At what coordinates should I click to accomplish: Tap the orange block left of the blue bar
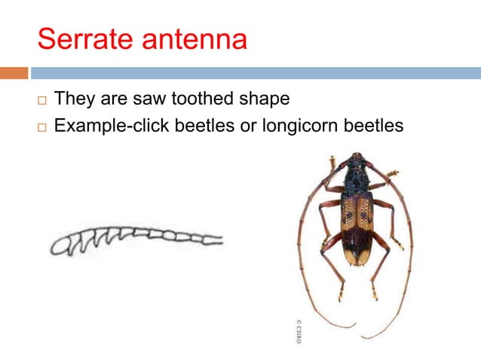14,73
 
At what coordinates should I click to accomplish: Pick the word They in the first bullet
75,99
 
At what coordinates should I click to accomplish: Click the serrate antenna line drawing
136,240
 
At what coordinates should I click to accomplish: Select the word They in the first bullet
75,99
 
